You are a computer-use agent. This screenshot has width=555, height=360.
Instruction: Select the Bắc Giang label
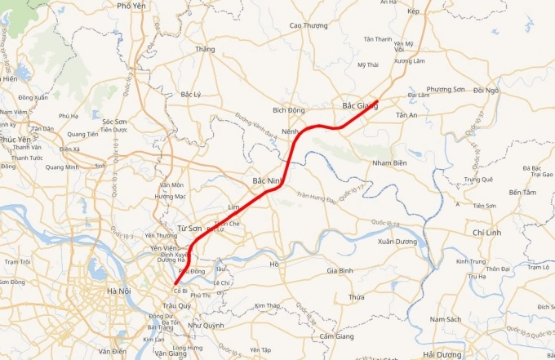point(359,105)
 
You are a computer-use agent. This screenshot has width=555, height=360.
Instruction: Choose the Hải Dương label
point(442,354)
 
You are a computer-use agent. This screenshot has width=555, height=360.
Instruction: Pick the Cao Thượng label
point(309,25)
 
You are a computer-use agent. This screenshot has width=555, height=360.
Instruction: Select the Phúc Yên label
point(16,140)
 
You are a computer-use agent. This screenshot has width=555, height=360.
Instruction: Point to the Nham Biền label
point(388,163)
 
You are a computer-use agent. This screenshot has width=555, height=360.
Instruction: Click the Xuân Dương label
point(397,242)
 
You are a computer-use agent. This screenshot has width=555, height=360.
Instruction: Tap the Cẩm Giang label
point(337,336)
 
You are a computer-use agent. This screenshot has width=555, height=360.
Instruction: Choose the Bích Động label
point(289,109)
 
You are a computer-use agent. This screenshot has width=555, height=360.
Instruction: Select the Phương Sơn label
point(446,90)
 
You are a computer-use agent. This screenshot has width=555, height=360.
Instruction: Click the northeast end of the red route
point(376,101)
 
